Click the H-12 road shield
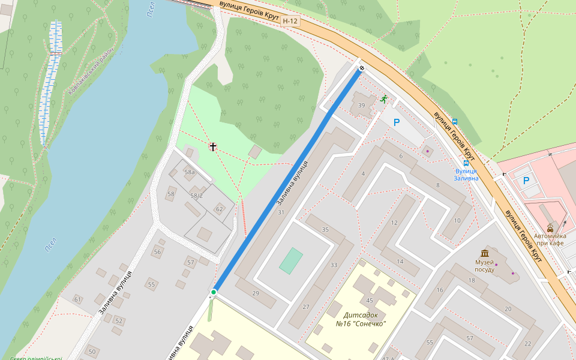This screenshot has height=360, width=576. [x=290, y=21]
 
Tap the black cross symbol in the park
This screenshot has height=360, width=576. [x=212, y=146]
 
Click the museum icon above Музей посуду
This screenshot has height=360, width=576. [x=484, y=253]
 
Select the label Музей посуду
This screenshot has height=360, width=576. [x=484, y=266]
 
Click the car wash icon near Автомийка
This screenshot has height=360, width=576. [x=550, y=227]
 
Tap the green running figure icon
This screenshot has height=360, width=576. [x=383, y=99]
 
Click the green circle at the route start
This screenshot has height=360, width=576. [x=214, y=292]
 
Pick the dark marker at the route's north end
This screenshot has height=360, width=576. [x=361, y=68]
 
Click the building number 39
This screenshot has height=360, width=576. [x=361, y=106]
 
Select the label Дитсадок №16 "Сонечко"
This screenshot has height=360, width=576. [x=361, y=319]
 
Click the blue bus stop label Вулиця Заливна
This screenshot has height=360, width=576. [x=466, y=175]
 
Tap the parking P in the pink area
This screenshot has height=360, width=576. [x=526, y=180]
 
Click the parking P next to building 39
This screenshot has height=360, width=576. [x=396, y=122]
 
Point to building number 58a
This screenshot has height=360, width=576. [x=190, y=172]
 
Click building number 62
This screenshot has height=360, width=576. [x=219, y=209]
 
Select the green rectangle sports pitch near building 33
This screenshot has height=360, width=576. [x=291, y=261]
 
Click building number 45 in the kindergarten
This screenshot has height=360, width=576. [x=370, y=301]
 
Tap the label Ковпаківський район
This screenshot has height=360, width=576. [x=91, y=71]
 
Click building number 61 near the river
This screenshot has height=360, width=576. [x=77, y=299]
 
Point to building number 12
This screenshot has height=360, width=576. [x=394, y=223]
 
